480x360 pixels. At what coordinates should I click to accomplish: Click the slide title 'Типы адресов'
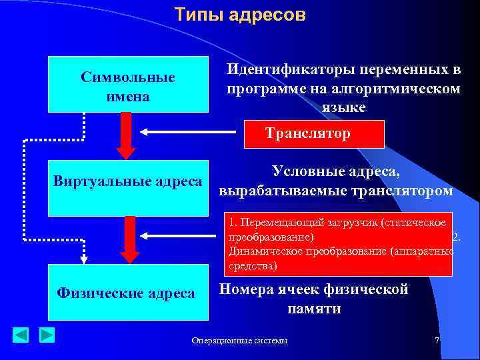[240, 15]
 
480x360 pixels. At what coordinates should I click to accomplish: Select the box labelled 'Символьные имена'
[127, 84]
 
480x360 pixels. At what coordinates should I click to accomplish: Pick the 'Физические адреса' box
[127, 293]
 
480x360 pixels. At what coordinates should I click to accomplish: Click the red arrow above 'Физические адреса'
[130, 237]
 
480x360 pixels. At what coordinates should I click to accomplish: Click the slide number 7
[437, 341]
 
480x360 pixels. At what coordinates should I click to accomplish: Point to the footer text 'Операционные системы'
[239, 341]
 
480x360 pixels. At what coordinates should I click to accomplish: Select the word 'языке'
[342, 107]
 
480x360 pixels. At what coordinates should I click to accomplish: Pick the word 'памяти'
[314, 309]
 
